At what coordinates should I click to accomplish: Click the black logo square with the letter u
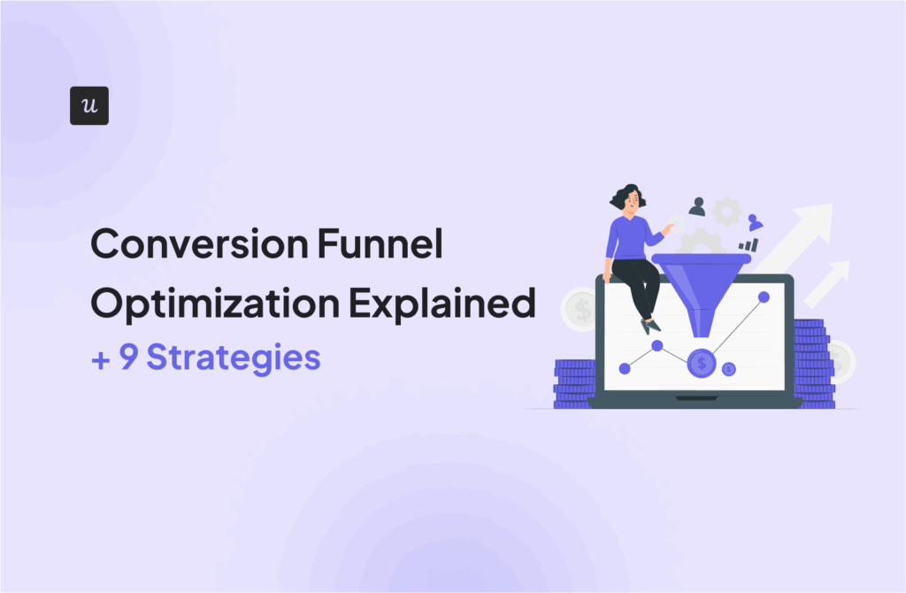pos(88,105)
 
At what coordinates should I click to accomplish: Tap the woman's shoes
pos(650,326)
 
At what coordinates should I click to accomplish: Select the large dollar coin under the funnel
pos(702,361)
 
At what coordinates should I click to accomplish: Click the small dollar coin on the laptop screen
pos(729,369)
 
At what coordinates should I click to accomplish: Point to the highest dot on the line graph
pos(764,296)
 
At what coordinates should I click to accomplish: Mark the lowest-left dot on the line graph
pos(625,367)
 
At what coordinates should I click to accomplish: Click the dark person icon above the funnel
pos(697,206)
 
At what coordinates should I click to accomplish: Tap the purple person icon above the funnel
pos(755,222)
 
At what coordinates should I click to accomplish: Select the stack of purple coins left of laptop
pos(574,382)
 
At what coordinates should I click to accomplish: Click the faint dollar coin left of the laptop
pos(582,309)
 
